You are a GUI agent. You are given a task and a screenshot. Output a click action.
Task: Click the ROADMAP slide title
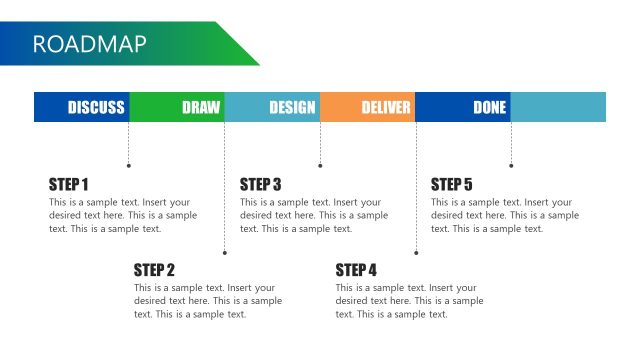(x=90, y=44)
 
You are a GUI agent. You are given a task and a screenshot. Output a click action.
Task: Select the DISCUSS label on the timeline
(x=96, y=108)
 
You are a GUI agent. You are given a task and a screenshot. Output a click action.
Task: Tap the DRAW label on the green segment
(x=201, y=108)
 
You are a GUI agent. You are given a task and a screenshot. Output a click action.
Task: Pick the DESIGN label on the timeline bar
(x=292, y=108)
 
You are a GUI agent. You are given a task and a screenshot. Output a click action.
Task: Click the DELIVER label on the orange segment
(x=386, y=108)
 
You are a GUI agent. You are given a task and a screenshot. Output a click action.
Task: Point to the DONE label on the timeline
(x=490, y=108)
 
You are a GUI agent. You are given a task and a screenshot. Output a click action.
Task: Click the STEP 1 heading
(x=69, y=184)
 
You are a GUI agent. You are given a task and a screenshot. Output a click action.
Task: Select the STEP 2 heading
(x=154, y=270)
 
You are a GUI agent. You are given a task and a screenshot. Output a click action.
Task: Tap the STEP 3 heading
(x=260, y=184)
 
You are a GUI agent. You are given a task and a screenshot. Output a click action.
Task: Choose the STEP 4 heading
(x=356, y=270)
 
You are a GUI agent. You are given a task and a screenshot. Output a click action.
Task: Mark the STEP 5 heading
(x=451, y=184)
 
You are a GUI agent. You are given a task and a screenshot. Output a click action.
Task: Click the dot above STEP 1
(x=129, y=165)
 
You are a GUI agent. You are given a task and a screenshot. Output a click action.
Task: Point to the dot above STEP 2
(x=225, y=252)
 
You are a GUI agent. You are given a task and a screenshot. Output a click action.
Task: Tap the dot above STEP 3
(x=320, y=165)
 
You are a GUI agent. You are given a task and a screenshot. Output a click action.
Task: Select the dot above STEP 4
(x=416, y=252)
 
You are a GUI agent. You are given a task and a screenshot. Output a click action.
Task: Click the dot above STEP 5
(x=511, y=165)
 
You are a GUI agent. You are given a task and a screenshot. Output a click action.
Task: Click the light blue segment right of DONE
(x=558, y=108)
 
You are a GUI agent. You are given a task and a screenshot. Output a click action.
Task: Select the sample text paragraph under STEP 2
(x=207, y=301)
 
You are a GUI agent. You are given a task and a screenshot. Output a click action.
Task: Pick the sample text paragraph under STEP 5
(x=504, y=215)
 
